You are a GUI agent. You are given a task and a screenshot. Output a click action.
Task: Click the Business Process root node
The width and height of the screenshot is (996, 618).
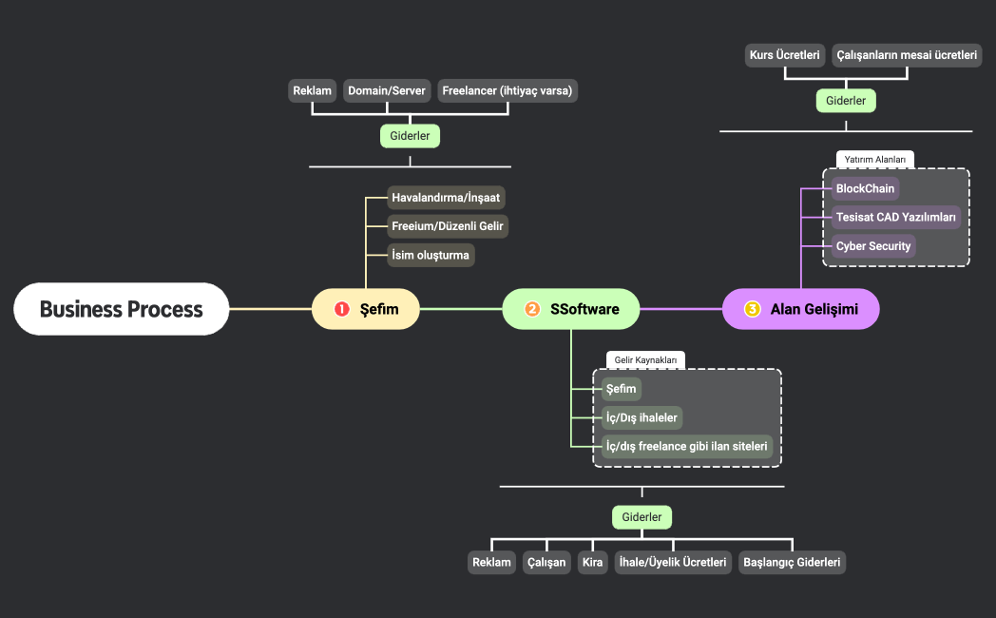(x=122, y=309)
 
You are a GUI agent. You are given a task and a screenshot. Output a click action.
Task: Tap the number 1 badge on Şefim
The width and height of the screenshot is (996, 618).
(x=342, y=309)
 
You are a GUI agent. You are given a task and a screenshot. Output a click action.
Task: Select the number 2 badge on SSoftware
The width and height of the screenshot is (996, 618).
(x=532, y=309)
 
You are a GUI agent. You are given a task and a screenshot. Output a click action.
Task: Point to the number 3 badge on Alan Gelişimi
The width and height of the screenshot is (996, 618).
(x=753, y=309)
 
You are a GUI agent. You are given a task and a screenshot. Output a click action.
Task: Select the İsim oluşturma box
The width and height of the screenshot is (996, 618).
(x=431, y=255)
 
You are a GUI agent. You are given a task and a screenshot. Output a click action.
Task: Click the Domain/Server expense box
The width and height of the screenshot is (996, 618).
(x=387, y=91)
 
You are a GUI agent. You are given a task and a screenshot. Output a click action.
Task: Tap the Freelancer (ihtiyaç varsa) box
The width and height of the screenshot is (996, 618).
(x=507, y=91)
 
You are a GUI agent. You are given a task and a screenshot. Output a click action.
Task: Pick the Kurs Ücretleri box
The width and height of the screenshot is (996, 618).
(x=784, y=55)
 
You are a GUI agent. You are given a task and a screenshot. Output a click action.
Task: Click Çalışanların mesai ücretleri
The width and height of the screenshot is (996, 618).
(x=907, y=55)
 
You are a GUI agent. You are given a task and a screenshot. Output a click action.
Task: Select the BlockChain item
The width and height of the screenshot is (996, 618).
(x=865, y=188)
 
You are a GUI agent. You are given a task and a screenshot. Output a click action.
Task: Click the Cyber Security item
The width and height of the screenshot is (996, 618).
(x=873, y=246)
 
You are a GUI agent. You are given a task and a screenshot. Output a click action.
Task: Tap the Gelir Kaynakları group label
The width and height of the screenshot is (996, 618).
(x=645, y=360)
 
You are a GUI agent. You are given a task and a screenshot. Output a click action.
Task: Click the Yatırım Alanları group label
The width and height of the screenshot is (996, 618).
(x=875, y=159)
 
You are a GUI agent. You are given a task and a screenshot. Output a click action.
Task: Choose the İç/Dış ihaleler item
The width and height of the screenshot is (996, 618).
(x=642, y=417)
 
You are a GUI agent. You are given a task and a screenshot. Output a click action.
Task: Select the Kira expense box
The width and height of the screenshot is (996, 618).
(x=592, y=563)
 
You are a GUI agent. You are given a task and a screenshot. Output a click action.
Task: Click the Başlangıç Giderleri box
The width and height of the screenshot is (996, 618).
(x=792, y=563)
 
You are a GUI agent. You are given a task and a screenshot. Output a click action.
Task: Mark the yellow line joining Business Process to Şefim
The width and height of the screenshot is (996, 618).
(x=271, y=309)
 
